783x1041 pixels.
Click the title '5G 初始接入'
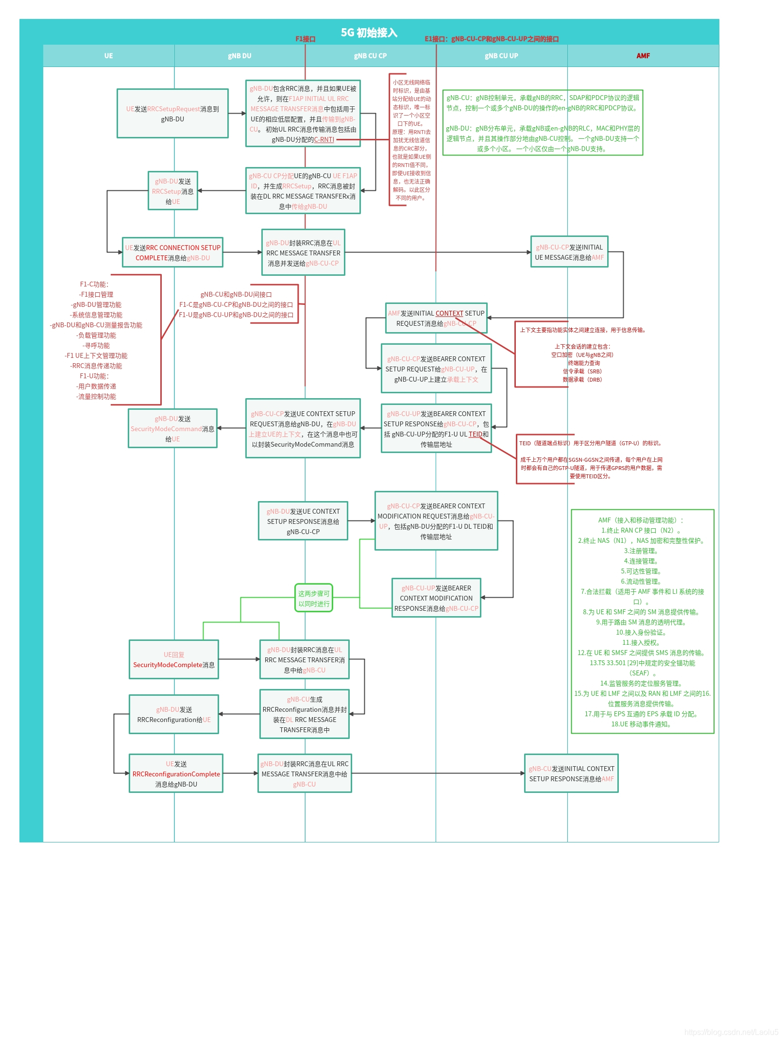369,33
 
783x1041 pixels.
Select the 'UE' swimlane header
108,56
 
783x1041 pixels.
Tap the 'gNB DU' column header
239,56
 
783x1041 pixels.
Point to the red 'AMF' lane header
643,56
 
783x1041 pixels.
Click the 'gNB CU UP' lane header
501,56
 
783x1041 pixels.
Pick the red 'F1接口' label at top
306,39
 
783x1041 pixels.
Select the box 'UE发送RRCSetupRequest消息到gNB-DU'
172,114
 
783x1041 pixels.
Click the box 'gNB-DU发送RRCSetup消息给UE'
173,191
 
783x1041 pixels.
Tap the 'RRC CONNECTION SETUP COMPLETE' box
173,252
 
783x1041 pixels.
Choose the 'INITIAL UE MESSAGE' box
569,252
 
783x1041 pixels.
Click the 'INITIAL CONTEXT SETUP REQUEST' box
436,318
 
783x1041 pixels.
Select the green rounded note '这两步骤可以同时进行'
314,598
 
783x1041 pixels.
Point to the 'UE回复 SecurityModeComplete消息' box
174,659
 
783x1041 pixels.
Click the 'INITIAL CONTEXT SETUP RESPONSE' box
571,773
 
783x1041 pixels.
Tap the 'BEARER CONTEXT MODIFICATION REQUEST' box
436,521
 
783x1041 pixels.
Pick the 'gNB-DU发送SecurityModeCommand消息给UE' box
172,428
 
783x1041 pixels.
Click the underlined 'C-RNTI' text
324,140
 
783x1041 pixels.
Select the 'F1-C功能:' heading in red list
94,284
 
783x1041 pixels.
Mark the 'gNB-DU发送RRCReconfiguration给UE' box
174,714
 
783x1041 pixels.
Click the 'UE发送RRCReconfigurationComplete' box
176,773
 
